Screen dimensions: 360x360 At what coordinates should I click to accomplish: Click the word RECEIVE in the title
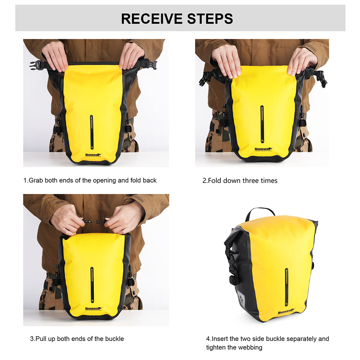(x=152, y=18)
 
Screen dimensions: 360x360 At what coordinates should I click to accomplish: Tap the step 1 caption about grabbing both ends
(x=90, y=180)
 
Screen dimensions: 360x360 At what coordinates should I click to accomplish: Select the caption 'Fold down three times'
(x=240, y=180)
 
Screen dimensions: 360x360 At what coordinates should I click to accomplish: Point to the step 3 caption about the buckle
(x=77, y=339)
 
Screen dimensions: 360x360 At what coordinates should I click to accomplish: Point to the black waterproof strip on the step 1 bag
(x=91, y=131)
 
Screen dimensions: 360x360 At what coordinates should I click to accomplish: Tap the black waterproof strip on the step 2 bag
(x=262, y=124)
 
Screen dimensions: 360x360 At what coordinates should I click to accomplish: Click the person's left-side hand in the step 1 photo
(x=55, y=56)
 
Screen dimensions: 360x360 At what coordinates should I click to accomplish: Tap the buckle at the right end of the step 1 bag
(x=152, y=65)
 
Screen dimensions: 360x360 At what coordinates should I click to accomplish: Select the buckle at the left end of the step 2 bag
(x=206, y=78)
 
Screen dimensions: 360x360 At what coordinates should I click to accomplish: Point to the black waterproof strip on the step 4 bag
(x=287, y=286)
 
